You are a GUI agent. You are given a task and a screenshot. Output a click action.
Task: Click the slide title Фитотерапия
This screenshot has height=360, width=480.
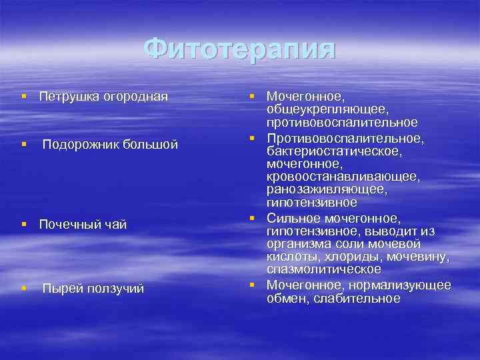click(240, 49)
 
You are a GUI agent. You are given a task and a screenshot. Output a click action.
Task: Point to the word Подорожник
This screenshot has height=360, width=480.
click(79, 144)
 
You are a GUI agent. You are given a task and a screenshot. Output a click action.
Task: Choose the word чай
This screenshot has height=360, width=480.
click(115, 225)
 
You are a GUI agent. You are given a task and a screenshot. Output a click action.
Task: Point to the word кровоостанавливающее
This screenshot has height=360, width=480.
click(343, 176)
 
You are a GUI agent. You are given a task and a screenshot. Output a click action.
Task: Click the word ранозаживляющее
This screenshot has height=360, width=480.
click(327, 189)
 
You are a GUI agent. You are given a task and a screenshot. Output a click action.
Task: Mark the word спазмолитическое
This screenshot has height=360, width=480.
click(324, 269)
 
